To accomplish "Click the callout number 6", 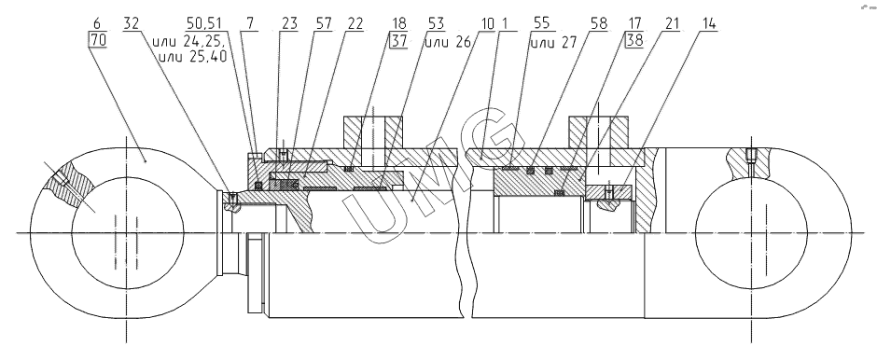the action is (x=97, y=23).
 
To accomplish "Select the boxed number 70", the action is (x=97, y=41).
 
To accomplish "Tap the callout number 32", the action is (x=132, y=23).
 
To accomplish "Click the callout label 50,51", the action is (x=204, y=23).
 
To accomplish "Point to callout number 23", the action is (x=289, y=23).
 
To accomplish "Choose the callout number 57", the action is (x=323, y=23).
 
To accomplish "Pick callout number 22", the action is (x=355, y=23).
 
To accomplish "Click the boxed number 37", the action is (x=398, y=41).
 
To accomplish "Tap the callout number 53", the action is (x=436, y=23).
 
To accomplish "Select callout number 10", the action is (x=487, y=23).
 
